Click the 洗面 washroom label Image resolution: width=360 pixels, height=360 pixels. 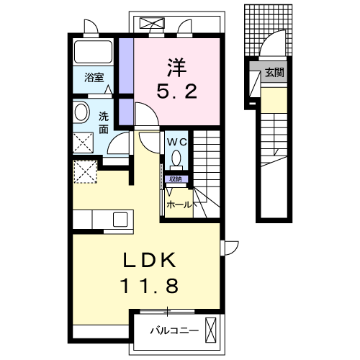pyautogui.click(x=104, y=122)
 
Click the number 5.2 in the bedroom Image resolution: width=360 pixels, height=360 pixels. pyautogui.click(x=177, y=92)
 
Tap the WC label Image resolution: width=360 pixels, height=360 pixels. pyautogui.click(x=177, y=142)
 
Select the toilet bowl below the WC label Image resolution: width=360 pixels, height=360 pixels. pyautogui.click(x=177, y=160)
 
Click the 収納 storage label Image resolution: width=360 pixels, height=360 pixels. pyautogui.click(x=175, y=179)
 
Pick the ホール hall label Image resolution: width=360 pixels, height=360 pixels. pyautogui.click(x=179, y=204)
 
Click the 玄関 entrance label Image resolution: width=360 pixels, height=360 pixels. pyautogui.click(x=274, y=72)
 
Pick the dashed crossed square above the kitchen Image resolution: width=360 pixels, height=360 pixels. pyautogui.click(x=86, y=171)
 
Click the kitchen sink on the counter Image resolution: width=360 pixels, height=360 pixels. pyautogui.click(x=118, y=219)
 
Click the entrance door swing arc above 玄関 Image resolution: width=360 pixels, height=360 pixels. pyautogui.click(x=276, y=45)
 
